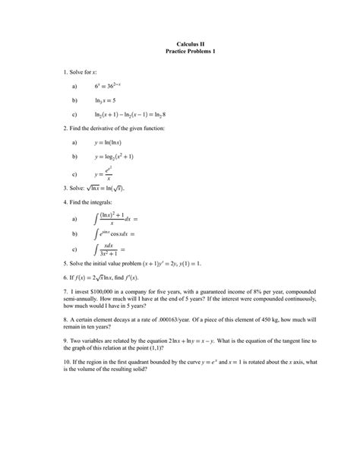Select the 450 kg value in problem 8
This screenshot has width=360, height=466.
[x=270, y=320]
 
